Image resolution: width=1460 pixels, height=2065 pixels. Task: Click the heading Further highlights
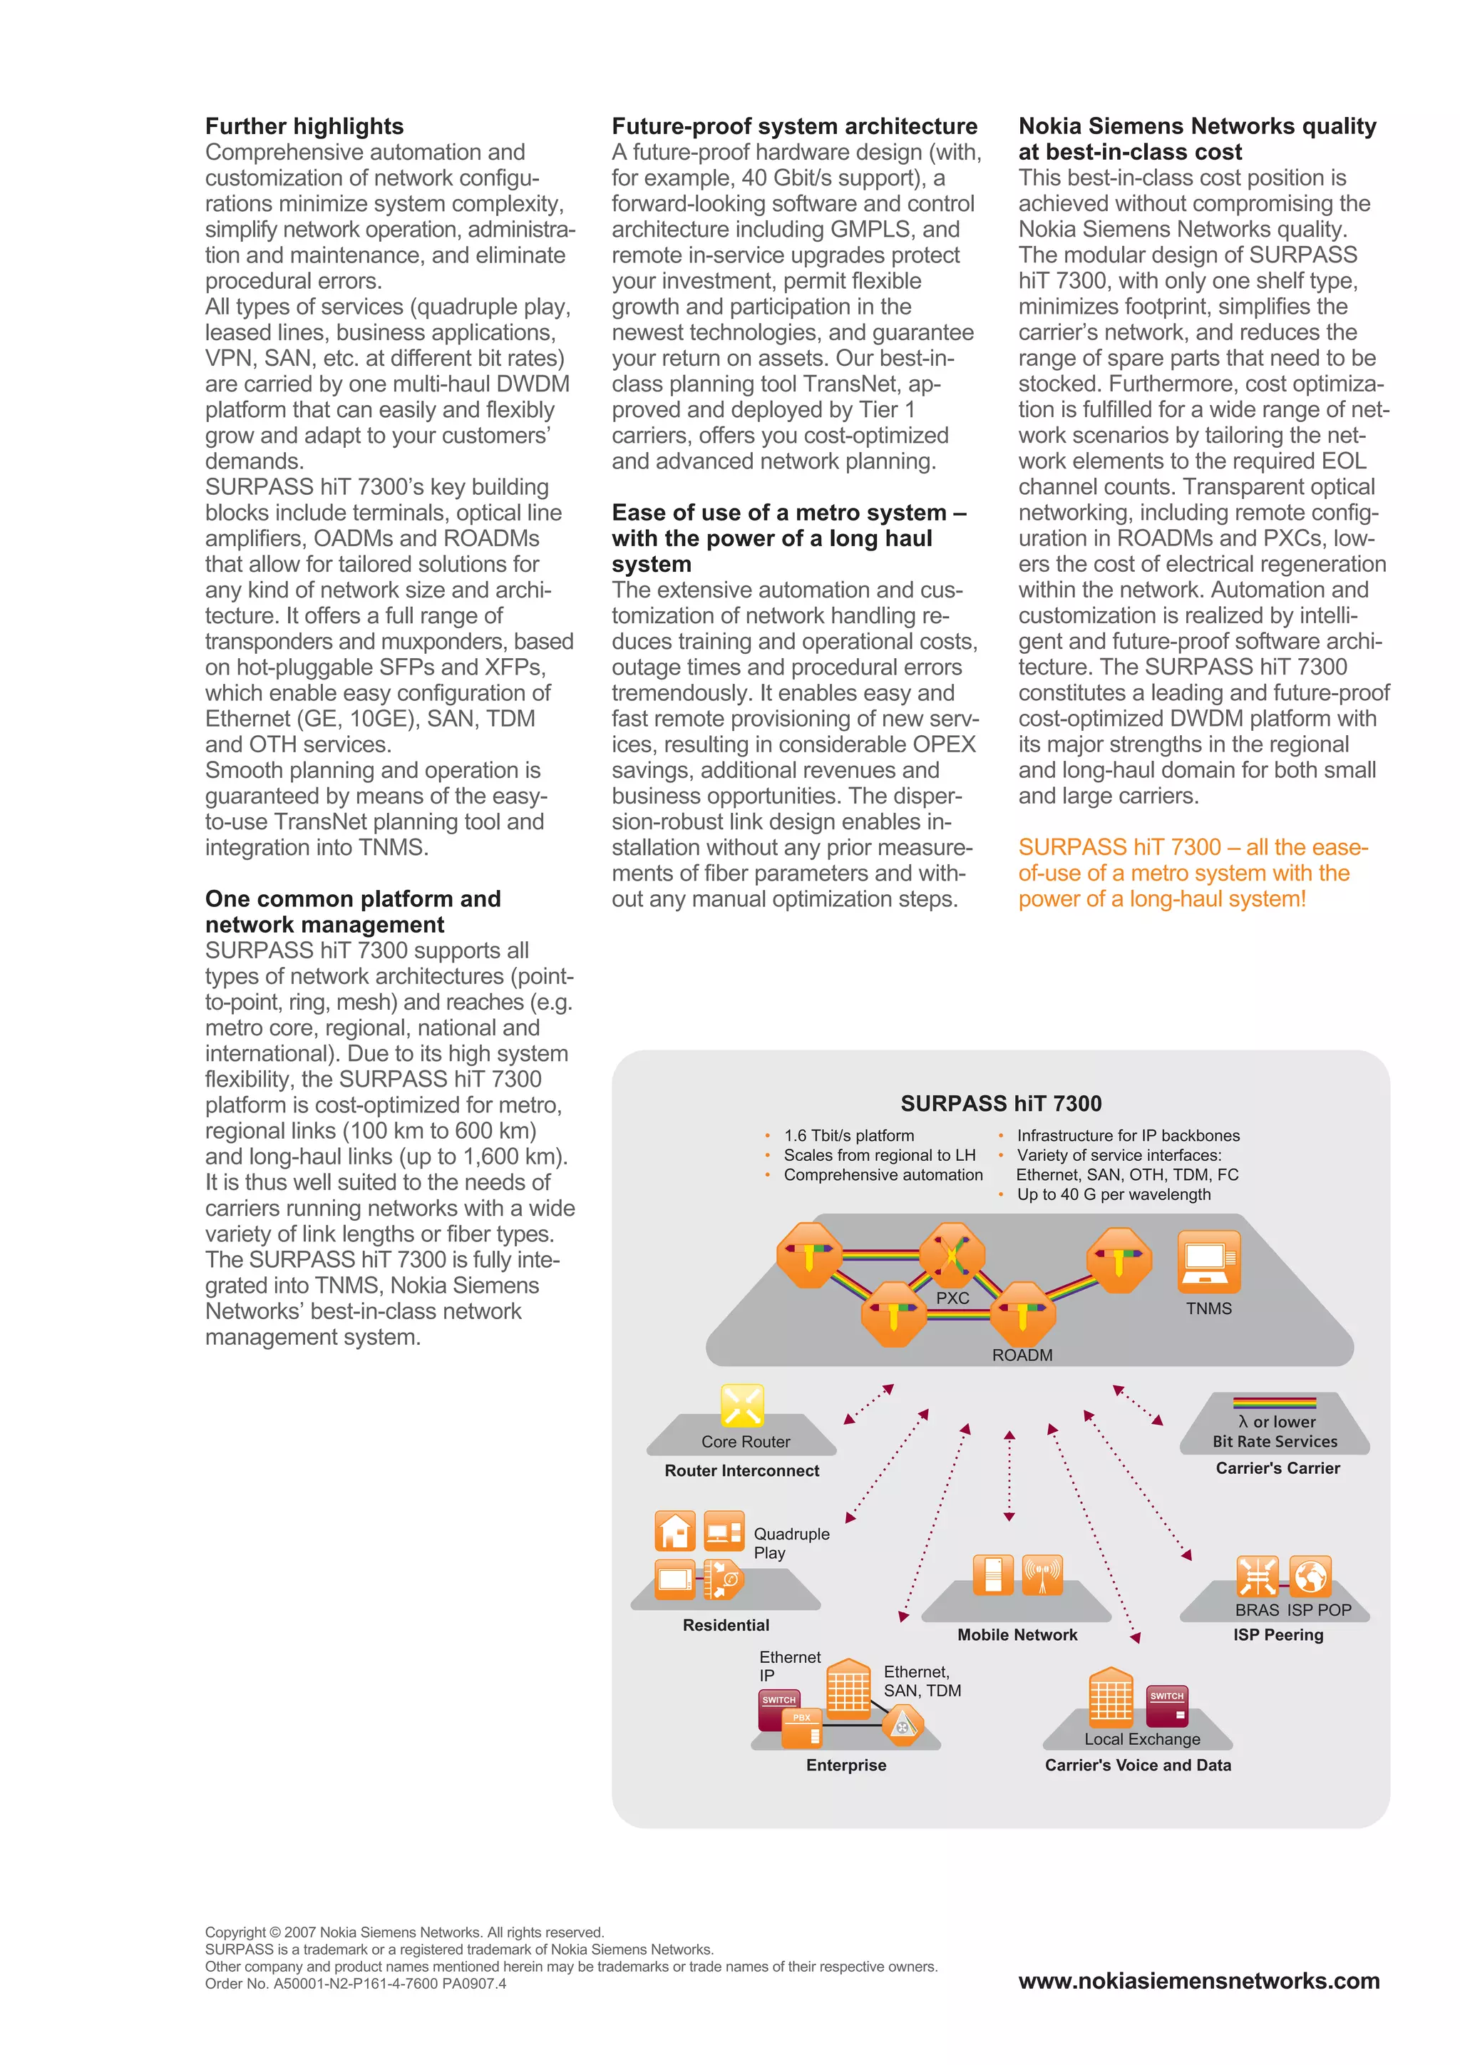coord(304,126)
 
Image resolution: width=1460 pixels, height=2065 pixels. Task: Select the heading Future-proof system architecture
coord(794,126)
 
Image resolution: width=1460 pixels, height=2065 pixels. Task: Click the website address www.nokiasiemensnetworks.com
coord(1198,1979)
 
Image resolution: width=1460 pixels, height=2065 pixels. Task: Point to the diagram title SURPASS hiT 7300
coord(1001,1104)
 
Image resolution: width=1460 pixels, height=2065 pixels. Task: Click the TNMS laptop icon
coord(1208,1261)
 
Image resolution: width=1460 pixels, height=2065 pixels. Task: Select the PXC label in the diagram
coord(952,1298)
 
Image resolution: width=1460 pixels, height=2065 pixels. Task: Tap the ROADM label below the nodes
coord(1022,1355)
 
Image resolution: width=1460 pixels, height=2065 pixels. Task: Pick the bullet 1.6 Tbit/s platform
coord(848,1136)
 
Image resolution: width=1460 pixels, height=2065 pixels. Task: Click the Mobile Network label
coord(1017,1634)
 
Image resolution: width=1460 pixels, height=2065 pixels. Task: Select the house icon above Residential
coord(675,1531)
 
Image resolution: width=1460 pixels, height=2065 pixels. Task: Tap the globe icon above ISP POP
coord(1310,1576)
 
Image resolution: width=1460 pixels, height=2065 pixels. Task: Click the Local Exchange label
coord(1142,1738)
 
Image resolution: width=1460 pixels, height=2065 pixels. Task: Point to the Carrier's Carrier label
coord(1277,1467)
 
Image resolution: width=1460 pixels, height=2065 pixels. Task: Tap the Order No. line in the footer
coord(355,1983)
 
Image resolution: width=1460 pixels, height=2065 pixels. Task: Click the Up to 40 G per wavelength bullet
coord(1113,1194)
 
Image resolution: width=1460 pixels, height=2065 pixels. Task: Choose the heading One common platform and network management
coord(352,911)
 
